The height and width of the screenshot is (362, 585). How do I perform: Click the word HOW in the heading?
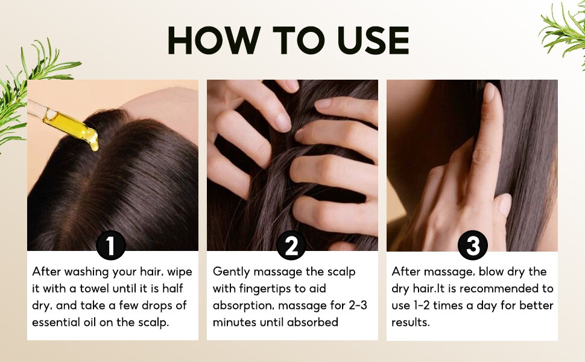coord(214,40)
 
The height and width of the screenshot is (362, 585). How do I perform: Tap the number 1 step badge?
coord(111,245)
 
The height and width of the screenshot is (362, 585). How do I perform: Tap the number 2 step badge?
coord(291,245)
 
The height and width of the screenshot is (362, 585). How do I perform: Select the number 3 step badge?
coord(473,245)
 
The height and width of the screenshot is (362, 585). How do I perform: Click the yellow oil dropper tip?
coord(94,146)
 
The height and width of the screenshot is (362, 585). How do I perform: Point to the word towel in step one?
coord(95,288)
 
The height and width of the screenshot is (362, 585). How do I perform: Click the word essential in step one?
coord(55,322)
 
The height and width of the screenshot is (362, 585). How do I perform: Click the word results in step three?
coord(410,322)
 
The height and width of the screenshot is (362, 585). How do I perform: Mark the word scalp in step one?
coord(153,323)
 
